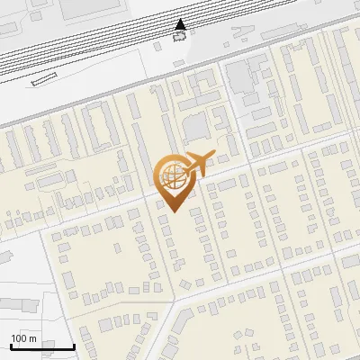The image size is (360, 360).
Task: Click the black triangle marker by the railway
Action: pos(181,24)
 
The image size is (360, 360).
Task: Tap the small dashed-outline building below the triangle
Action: pos(181,37)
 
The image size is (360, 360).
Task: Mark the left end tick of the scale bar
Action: pos(11,346)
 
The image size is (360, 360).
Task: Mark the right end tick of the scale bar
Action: pos(74,346)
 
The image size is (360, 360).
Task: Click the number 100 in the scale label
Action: pos(19,337)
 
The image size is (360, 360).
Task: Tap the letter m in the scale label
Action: pos(32,337)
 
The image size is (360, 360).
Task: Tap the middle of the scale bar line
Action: pos(42,346)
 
